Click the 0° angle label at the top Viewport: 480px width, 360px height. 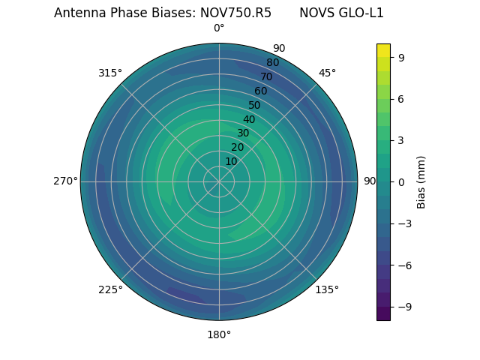[x=219, y=28]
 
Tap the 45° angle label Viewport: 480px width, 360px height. [x=327, y=73]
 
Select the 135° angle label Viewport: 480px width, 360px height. [x=327, y=289]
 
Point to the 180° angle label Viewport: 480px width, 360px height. [x=219, y=334]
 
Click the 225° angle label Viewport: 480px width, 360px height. [x=110, y=289]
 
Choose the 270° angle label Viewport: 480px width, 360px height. [x=65, y=181]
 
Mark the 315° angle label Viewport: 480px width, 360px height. [x=110, y=73]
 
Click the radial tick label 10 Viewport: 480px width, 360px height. [x=231, y=161]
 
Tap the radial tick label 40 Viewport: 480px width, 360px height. [x=249, y=119]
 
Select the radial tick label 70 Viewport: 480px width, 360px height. [x=266, y=76]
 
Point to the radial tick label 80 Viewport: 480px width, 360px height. [x=272, y=62]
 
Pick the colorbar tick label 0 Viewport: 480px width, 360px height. [x=401, y=181]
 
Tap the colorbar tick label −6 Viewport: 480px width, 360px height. [x=403, y=265]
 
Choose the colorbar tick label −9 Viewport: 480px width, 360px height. [x=403, y=307]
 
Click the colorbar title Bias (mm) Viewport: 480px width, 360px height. [x=421, y=181]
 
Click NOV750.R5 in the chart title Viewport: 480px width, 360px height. [x=235, y=13]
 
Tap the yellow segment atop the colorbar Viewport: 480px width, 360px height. [x=383, y=50]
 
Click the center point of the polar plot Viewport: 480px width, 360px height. [x=219, y=181]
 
